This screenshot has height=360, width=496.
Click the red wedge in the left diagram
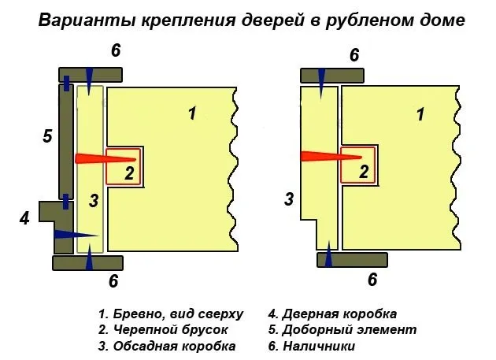105,158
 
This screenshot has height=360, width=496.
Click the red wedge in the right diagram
331,157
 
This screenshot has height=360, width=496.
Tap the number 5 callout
47,136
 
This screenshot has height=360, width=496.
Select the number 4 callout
24,218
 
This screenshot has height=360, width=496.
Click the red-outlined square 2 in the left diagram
123,166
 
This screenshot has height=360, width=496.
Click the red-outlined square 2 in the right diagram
357,165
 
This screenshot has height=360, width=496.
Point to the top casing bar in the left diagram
91,75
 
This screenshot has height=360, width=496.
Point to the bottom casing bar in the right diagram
352,260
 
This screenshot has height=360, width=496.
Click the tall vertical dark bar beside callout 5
66,142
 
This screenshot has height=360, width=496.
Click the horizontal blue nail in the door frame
76,235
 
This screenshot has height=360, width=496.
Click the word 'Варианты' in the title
87,20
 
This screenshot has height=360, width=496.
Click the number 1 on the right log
420,114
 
